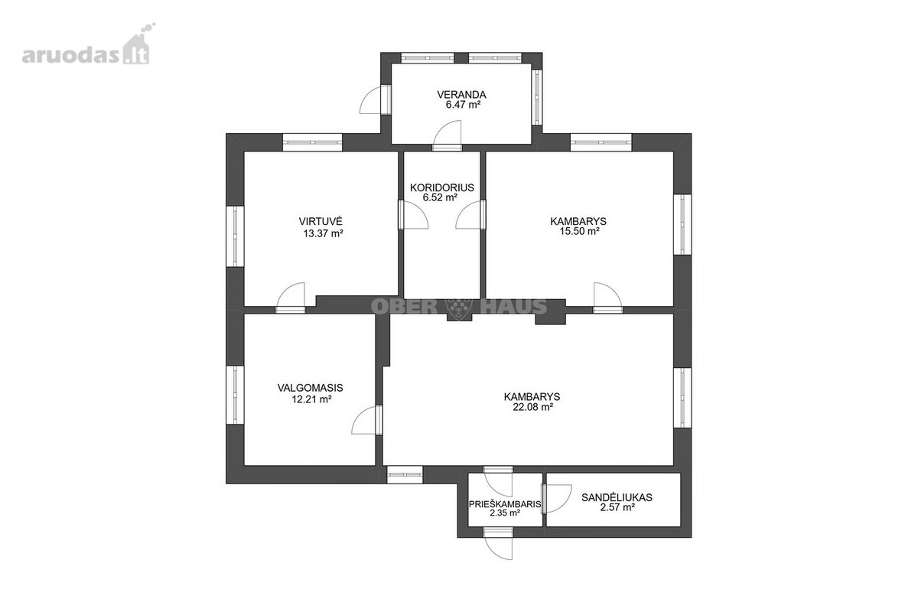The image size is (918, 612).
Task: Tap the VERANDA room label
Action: [x=461, y=95]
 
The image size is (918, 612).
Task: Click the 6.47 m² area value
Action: [x=463, y=105]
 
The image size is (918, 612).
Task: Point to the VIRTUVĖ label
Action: [x=321, y=220]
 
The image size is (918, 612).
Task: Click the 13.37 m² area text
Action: [x=323, y=233]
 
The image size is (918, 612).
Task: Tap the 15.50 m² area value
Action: [x=580, y=231]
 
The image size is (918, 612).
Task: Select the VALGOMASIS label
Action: [x=311, y=387]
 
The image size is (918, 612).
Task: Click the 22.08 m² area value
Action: [x=532, y=407]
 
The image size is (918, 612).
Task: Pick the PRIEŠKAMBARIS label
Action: [x=505, y=504]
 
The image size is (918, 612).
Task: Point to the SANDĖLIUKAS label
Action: [x=617, y=498]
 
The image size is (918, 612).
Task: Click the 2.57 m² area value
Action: [x=617, y=508]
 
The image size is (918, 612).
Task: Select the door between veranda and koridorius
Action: [x=448, y=136]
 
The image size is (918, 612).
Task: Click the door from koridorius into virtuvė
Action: [x=414, y=214]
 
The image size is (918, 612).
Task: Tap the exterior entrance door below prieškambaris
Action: [x=498, y=544]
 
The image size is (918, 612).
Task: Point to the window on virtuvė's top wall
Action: [x=312, y=142]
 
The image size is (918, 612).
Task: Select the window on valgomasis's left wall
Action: [x=236, y=396]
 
